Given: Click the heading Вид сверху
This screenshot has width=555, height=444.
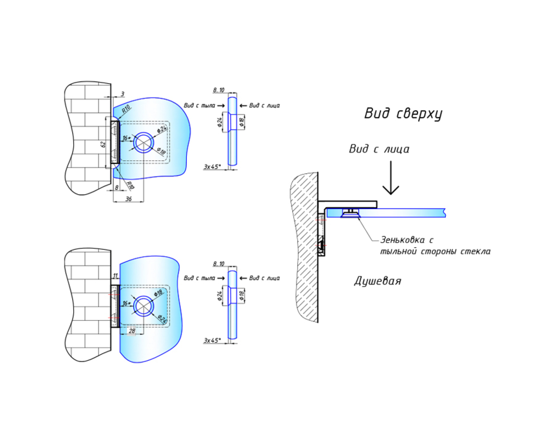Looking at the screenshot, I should (403, 114).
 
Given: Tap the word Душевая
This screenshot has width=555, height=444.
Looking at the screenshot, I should (377, 281).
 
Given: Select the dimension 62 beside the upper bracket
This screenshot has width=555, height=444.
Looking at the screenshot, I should (104, 144).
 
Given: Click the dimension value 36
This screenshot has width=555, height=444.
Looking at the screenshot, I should (128, 199).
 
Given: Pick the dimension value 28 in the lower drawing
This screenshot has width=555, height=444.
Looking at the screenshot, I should (132, 331).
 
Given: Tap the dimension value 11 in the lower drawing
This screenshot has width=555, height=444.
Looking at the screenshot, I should (115, 276).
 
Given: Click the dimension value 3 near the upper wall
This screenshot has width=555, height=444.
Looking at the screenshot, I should (122, 94).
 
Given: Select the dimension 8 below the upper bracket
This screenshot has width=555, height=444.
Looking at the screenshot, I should (117, 188).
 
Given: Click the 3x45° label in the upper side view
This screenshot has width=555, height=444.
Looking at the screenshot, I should (212, 167).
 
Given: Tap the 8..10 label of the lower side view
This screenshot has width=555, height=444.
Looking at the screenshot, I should (219, 264).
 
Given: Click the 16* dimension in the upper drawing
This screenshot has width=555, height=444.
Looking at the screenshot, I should (127, 138).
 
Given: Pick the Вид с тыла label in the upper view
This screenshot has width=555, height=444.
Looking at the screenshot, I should (199, 106).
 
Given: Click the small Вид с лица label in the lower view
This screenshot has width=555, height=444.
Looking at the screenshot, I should (264, 278).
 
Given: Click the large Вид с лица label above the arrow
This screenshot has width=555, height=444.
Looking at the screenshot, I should (379, 149).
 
